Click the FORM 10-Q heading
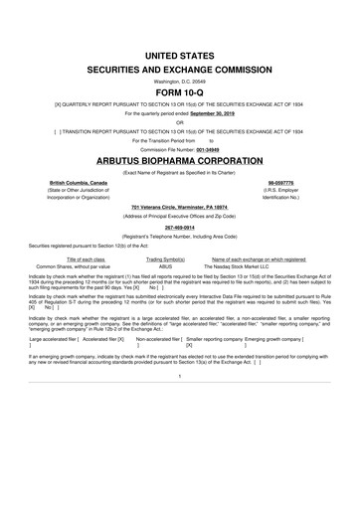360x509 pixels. click(x=179, y=85)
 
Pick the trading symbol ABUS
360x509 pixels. click(x=166, y=267)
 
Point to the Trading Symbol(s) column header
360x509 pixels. click(x=166, y=259)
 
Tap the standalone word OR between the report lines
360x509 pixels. click(x=179, y=123)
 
